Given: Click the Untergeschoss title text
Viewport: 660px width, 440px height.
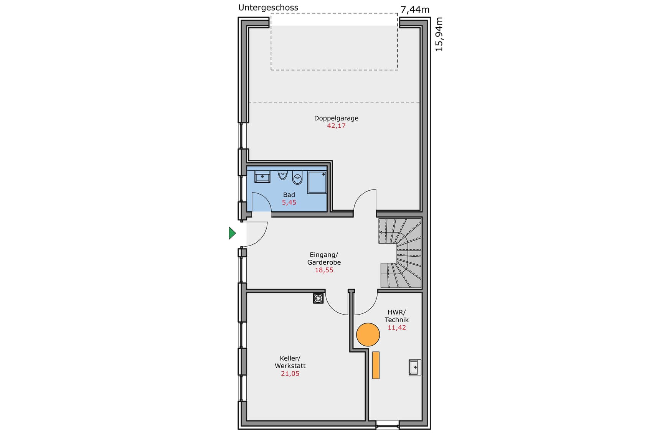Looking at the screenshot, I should [x=268, y=8].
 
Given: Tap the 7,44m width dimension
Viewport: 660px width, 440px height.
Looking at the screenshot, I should [x=415, y=10].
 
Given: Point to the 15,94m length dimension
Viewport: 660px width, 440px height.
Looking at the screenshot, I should [x=439, y=34].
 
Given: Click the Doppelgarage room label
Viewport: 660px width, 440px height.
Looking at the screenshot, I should [x=336, y=118].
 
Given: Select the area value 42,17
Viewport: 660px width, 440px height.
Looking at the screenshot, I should [x=336, y=126].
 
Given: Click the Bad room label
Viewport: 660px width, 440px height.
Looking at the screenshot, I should [x=289, y=195].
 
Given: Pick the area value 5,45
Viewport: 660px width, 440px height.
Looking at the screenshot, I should [x=289, y=203].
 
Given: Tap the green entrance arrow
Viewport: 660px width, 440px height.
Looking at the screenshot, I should [x=232, y=233].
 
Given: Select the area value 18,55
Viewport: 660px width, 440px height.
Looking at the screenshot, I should [x=324, y=270].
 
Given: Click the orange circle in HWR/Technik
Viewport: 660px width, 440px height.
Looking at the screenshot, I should [x=368, y=335].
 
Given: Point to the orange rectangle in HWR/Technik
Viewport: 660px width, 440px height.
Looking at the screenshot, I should [x=376, y=365].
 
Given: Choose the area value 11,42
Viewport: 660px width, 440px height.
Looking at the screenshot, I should [x=396, y=328].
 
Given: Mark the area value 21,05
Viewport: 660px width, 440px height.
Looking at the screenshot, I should [x=290, y=374].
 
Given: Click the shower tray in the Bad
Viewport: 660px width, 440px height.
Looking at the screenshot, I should [x=317, y=183].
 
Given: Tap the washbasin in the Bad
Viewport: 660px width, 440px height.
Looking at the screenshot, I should [x=262, y=176].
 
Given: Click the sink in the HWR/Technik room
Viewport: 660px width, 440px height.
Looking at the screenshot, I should [x=415, y=367].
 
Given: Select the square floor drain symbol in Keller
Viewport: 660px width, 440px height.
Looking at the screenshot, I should [x=318, y=298].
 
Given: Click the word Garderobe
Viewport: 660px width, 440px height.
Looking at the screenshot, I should [x=324, y=262].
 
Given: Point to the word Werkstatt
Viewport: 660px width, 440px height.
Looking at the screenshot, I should [x=290, y=366].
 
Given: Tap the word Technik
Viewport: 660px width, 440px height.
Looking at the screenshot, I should [x=396, y=320].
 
